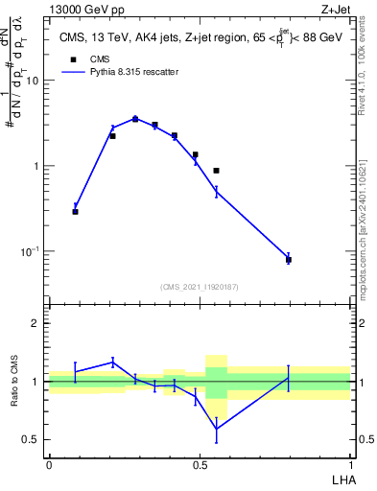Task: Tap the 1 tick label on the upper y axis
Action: (38, 166)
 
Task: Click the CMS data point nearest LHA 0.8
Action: (288, 260)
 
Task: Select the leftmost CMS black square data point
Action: (75, 211)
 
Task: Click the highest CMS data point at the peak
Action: (135, 119)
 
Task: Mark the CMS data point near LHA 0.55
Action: (217, 171)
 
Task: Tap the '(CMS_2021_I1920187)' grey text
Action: (199, 286)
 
